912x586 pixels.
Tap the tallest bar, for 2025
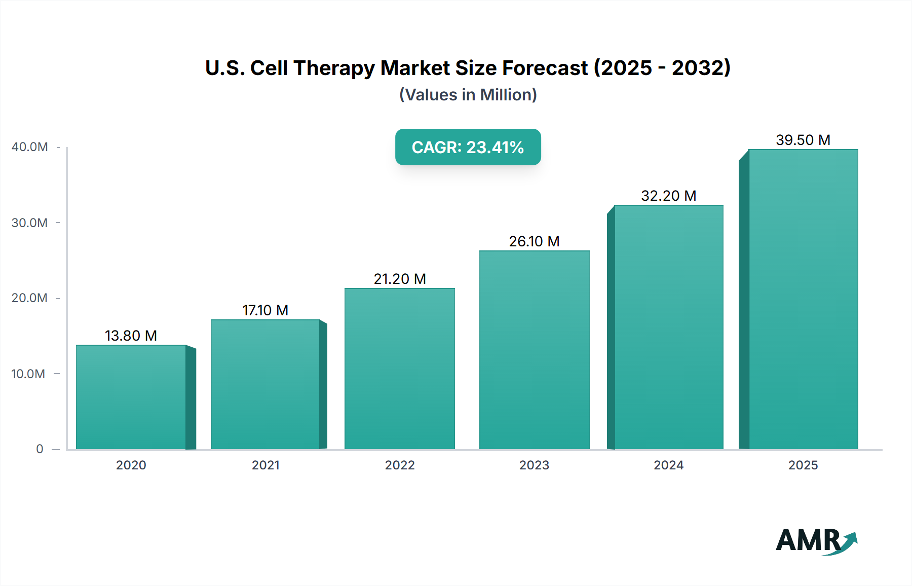click(x=803, y=299)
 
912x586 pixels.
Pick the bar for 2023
click(x=534, y=350)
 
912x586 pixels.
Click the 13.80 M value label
click(x=131, y=336)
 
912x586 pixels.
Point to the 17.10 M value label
click(x=265, y=310)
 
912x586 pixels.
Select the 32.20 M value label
click(x=668, y=196)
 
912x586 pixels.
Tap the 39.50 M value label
click(x=803, y=140)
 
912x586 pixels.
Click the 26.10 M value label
click(x=534, y=241)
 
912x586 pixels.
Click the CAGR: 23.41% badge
click(x=468, y=147)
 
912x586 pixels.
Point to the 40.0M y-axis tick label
click(x=30, y=147)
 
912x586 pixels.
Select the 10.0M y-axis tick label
click(x=28, y=374)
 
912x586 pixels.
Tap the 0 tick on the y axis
click(x=40, y=449)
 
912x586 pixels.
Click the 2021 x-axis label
click(x=265, y=465)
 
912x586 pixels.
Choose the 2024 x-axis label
click(x=668, y=465)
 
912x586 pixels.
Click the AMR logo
click(x=816, y=540)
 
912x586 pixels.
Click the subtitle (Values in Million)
click(x=468, y=95)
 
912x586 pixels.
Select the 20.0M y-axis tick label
click(x=29, y=298)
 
